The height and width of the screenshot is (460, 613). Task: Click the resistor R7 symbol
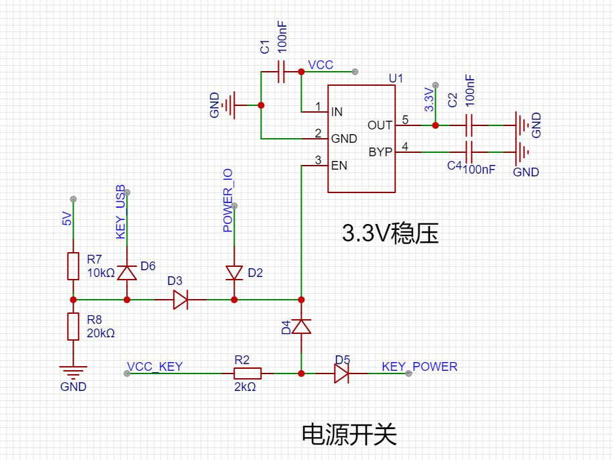pyautogui.click(x=73, y=266)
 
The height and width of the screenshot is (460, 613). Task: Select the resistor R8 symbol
pyautogui.click(x=73, y=326)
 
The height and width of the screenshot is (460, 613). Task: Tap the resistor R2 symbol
pyautogui.click(x=247, y=373)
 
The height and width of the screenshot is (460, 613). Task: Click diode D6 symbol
pyautogui.click(x=127, y=272)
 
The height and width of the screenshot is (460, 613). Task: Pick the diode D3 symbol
pyautogui.click(x=180, y=299)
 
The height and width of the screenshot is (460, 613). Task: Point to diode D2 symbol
pyautogui.click(x=234, y=272)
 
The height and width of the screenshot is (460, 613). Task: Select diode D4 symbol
pyautogui.click(x=301, y=327)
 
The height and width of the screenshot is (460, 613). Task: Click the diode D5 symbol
pyautogui.click(x=341, y=373)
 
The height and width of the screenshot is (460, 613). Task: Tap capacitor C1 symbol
pyautogui.click(x=282, y=71)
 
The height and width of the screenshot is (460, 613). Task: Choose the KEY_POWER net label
pyautogui.click(x=419, y=367)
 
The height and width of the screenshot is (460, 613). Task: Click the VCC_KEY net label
pyautogui.click(x=155, y=367)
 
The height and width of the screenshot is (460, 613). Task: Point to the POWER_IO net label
pyautogui.click(x=228, y=200)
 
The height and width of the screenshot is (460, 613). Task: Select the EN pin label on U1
pyautogui.click(x=339, y=166)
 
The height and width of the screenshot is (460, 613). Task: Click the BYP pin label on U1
pyautogui.click(x=380, y=152)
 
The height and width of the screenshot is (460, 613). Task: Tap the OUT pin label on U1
pyautogui.click(x=380, y=125)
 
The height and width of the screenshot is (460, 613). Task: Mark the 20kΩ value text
pyautogui.click(x=101, y=333)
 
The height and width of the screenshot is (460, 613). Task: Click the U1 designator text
pyautogui.click(x=396, y=78)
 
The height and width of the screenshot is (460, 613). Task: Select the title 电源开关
pyautogui.click(x=349, y=435)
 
